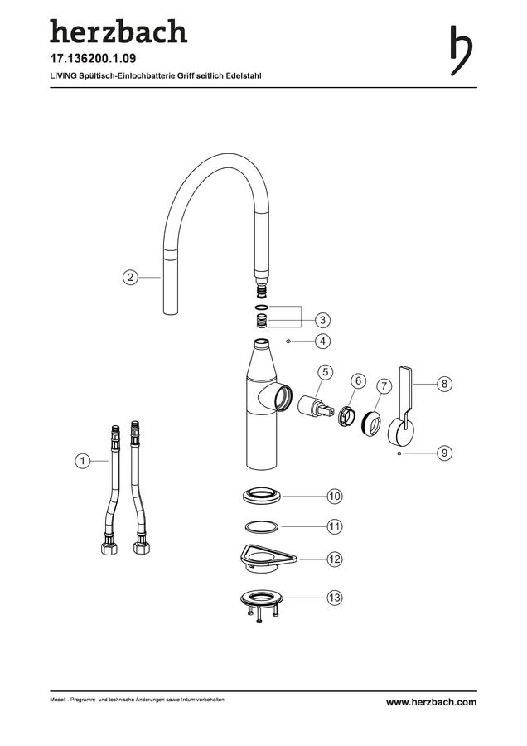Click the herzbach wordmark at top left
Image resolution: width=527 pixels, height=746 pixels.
pos(118,31)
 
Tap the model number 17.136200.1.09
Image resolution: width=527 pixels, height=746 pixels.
pos(94,59)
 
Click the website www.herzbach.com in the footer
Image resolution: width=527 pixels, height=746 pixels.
pos(431,702)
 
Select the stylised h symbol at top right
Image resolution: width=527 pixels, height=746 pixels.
pos(461,50)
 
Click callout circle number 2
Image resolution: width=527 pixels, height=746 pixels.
pos(130,277)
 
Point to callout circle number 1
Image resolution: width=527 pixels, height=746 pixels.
pos(83,461)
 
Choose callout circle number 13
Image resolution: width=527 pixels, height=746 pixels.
pos(335,597)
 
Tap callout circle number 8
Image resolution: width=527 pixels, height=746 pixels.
pos(444,384)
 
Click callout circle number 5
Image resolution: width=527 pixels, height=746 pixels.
pos(326,372)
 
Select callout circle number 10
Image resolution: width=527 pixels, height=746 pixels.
pos(335,497)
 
